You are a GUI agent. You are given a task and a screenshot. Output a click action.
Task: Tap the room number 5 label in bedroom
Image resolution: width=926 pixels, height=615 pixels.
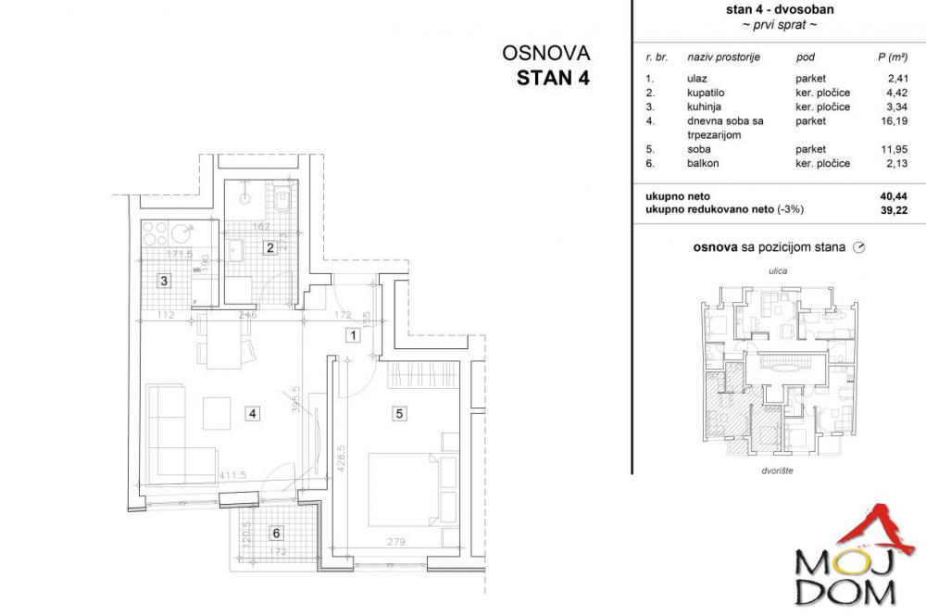click(x=400, y=414)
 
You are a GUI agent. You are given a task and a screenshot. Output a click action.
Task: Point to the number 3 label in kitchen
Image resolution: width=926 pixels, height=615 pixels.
click(x=163, y=282)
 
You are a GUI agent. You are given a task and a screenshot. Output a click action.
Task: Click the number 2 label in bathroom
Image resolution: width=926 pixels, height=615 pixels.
click(x=269, y=246)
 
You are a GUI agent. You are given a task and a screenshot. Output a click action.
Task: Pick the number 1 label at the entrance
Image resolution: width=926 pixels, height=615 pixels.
click(x=352, y=336)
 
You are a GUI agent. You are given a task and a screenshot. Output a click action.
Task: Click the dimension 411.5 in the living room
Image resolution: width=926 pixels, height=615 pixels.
click(x=232, y=477)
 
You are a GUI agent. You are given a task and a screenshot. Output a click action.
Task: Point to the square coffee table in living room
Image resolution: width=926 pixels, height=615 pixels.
click(x=219, y=412)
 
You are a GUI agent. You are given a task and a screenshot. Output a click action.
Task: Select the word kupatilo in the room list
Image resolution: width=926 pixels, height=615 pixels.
click(x=694, y=93)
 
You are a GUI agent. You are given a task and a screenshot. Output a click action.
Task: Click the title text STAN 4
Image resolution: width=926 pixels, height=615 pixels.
click(x=552, y=78)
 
